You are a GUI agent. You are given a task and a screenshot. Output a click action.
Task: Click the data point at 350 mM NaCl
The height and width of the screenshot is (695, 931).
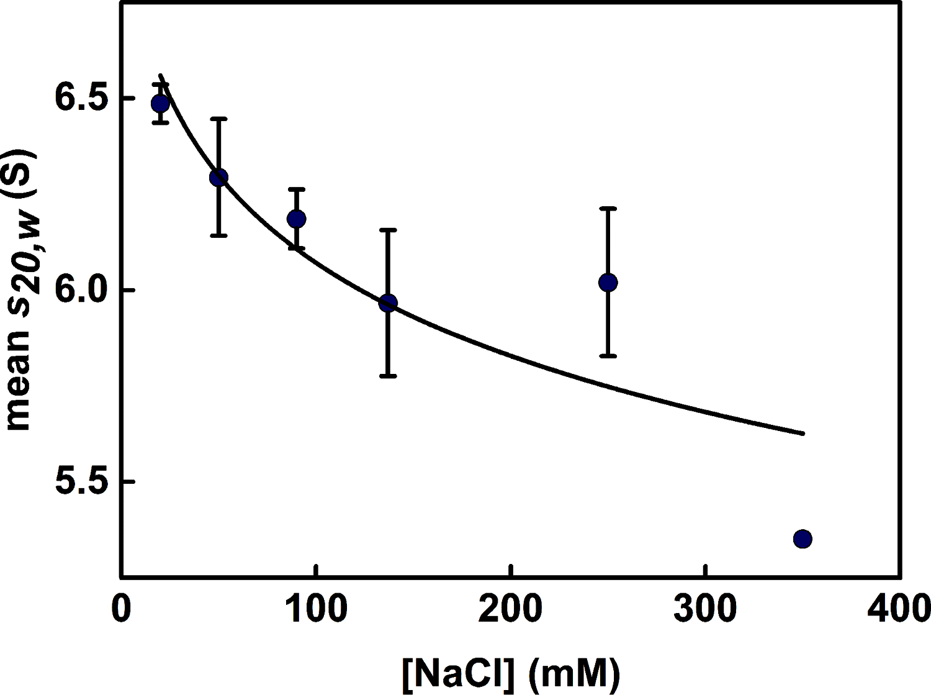coord(803,538)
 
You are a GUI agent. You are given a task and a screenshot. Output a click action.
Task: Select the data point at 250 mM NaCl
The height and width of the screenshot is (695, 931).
coord(608,283)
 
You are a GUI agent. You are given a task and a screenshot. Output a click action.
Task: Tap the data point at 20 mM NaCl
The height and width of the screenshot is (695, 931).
coord(160,103)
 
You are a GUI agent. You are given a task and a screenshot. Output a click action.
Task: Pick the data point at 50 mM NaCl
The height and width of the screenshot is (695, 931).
coord(218,178)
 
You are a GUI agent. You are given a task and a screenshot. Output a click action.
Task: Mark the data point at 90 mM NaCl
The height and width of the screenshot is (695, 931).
coord(297,219)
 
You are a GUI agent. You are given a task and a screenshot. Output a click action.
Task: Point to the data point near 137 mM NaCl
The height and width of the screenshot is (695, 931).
coord(388,303)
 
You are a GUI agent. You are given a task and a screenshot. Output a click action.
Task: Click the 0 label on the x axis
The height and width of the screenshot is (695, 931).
coord(121,609)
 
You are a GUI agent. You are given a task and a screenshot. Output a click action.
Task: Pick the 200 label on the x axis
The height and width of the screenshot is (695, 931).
coord(510,609)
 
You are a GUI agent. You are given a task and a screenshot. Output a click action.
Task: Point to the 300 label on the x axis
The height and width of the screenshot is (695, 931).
coord(705,609)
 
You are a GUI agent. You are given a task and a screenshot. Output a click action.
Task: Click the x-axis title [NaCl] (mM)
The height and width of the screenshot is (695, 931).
coord(510,674)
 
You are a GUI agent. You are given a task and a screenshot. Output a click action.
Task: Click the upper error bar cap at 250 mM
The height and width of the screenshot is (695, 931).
coord(608,209)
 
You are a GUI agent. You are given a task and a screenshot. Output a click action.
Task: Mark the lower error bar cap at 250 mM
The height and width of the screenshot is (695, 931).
coord(608,356)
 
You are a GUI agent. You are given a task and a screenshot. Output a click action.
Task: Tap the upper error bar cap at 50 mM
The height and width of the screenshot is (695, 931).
coord(218,119)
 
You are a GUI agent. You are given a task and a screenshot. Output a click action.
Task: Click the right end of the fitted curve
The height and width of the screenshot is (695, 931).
coord(803,433)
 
